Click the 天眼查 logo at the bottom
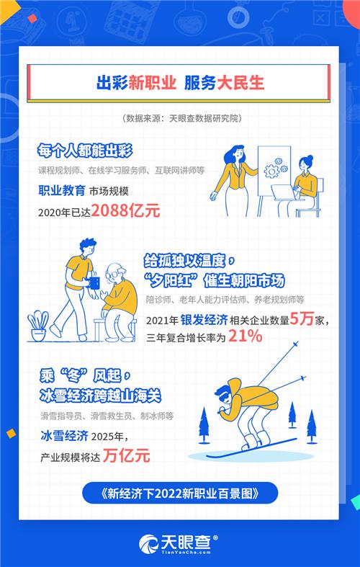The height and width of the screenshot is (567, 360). point(179,541)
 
